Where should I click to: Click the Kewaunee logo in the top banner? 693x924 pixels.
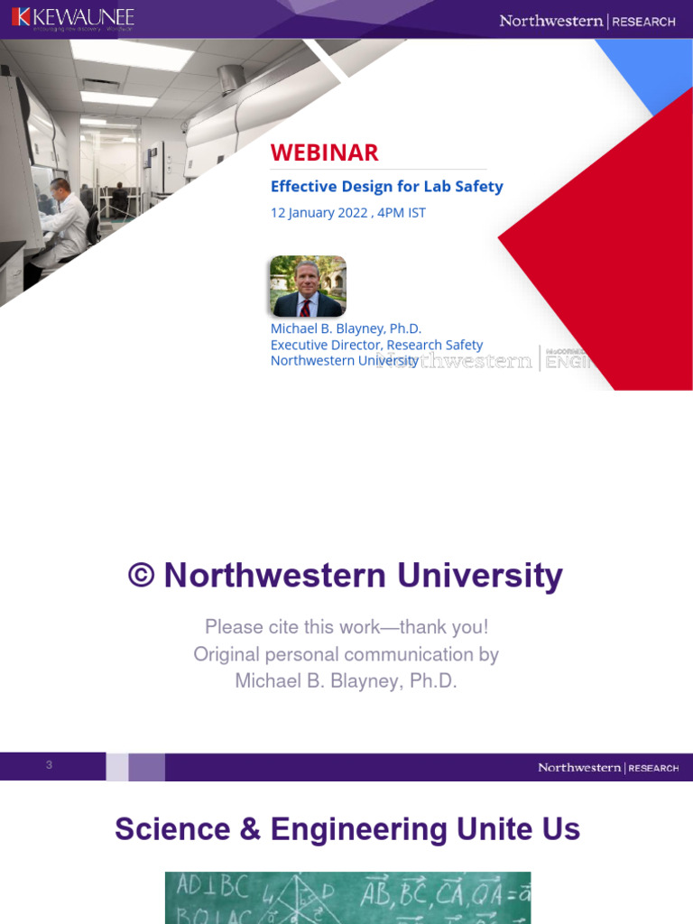tap(73, 17)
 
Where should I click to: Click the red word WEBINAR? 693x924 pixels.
tap(324, 152)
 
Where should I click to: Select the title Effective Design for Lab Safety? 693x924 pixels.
tap(386, 187)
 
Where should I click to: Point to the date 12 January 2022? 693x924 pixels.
tap(319, 213)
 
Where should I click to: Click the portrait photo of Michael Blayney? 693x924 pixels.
tap(307, 286)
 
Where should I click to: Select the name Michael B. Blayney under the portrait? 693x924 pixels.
tap(346, 328)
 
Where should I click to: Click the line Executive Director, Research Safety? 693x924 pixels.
tap(376, 345)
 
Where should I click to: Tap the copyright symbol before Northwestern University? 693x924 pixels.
tap(141, 576)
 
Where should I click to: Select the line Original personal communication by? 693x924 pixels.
tap(346, 654)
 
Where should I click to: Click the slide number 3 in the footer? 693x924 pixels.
tap(50, 766)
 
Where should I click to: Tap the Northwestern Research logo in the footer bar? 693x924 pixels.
tap(607, 768)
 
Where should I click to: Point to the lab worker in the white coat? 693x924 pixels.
tap(65, 221)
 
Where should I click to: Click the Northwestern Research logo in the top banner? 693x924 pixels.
tap(587, 21)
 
